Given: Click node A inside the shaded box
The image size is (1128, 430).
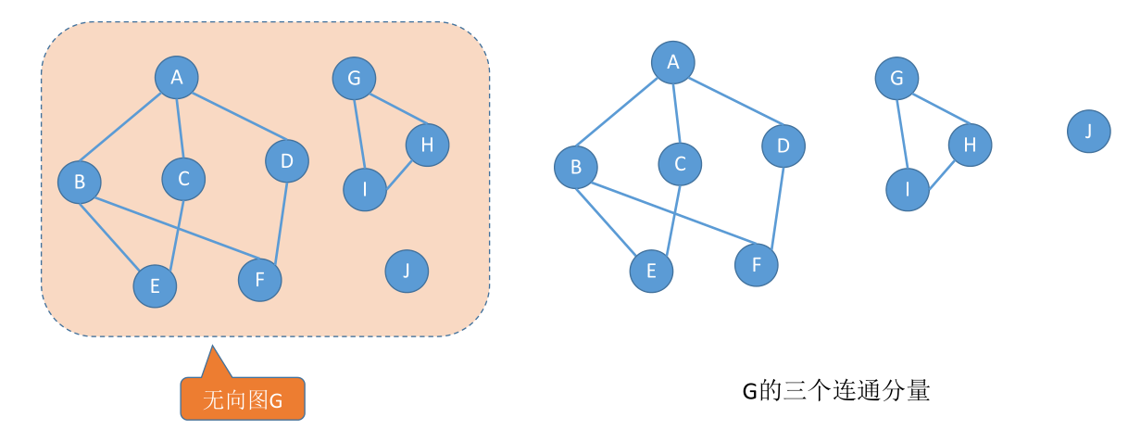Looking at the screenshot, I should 177,78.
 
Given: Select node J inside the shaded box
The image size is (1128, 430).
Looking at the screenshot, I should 407,271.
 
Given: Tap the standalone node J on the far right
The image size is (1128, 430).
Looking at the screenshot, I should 1088,131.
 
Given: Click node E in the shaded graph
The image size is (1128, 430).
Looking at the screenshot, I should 155,286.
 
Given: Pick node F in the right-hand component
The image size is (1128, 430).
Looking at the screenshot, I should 757,265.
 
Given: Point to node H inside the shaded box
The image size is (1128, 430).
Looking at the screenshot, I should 427,144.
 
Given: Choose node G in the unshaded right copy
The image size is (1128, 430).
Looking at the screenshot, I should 896,78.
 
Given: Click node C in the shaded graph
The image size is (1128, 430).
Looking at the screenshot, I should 183,179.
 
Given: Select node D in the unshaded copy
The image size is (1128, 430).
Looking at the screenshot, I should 783,145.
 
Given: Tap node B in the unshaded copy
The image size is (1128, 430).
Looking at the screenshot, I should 576,167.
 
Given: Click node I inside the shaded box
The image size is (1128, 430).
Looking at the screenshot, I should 365,190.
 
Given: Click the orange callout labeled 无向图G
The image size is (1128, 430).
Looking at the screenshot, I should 243,399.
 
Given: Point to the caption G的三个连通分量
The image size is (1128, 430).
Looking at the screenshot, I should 835,391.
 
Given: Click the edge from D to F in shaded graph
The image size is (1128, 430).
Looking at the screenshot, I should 281,221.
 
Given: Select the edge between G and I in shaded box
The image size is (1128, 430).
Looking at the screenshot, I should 359,134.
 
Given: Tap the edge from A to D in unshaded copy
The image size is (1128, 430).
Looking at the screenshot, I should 728,104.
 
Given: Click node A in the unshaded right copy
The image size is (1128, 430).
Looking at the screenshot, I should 673,63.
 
